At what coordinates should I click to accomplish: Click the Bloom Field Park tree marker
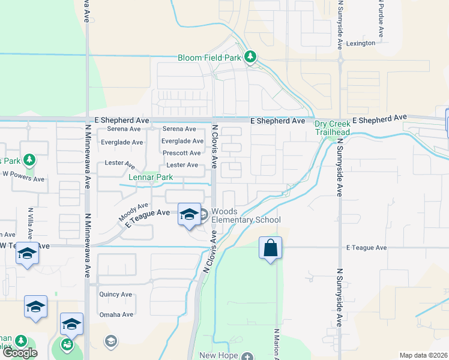(251, 58)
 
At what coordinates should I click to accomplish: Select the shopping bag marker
(270, 248)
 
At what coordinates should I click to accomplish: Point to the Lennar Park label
(150, 177)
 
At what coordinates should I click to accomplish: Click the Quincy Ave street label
(116, 295)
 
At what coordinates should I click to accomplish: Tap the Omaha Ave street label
(116, 314)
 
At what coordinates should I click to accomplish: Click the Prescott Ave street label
(181, 153)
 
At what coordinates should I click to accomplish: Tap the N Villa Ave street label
(30, 223)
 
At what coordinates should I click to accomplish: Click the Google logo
(20, 353)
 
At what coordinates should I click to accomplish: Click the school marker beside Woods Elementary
(188, 214)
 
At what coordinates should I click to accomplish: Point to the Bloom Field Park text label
(209, 58)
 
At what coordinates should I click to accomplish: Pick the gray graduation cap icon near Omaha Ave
(110, 341)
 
